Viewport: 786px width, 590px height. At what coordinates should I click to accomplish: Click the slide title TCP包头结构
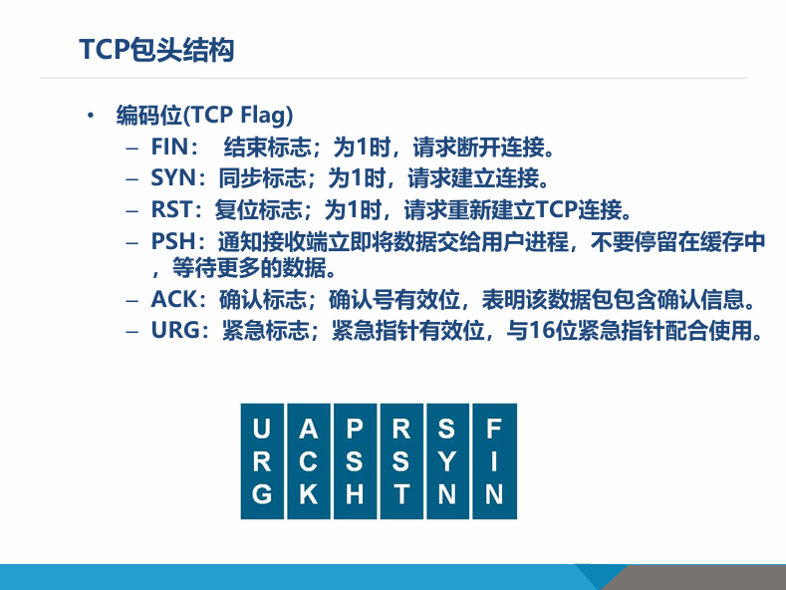click(156, 50)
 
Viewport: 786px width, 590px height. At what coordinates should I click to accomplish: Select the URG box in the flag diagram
click(262, 461)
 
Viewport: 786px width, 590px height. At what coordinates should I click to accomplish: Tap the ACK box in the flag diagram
click(309, 461)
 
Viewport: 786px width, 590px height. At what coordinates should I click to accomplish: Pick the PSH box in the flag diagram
click(355, 461)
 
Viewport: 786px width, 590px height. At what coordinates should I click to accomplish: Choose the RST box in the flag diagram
click(401, 461)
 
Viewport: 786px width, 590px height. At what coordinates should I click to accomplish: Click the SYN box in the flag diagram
click(447, 461)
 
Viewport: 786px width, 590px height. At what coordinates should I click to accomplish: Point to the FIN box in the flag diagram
click(494, 461)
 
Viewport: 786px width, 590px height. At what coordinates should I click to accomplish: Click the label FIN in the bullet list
click(170, 148)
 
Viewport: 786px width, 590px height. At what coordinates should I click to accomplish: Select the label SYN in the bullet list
click(172, 179)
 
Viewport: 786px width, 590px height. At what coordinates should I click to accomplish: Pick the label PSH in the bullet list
click(171, 241)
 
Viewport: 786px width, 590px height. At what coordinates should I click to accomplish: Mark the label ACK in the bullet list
click(172, 299)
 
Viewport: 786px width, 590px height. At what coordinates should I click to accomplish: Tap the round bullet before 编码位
click(91, 116)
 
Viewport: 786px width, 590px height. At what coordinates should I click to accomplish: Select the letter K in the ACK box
click(309, 494)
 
